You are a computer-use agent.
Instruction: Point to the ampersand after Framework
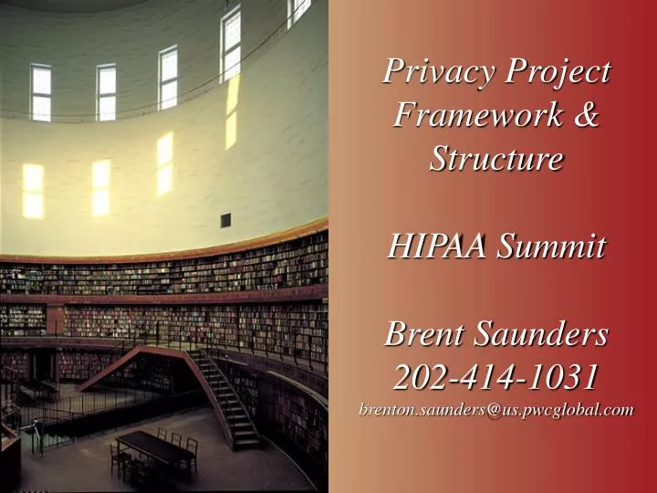click(x=587, y=115)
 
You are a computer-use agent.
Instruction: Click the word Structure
click(x=495, y=159)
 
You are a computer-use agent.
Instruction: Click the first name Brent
click(x=420, y=334)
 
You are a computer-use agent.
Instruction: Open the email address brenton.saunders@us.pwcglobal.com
click(x=495, y=410)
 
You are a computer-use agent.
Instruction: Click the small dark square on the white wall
click(x=225, y=219)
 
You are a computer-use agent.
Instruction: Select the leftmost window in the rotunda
click(x=40, y=91)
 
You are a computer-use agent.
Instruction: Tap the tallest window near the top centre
click(x=231, y=43)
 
